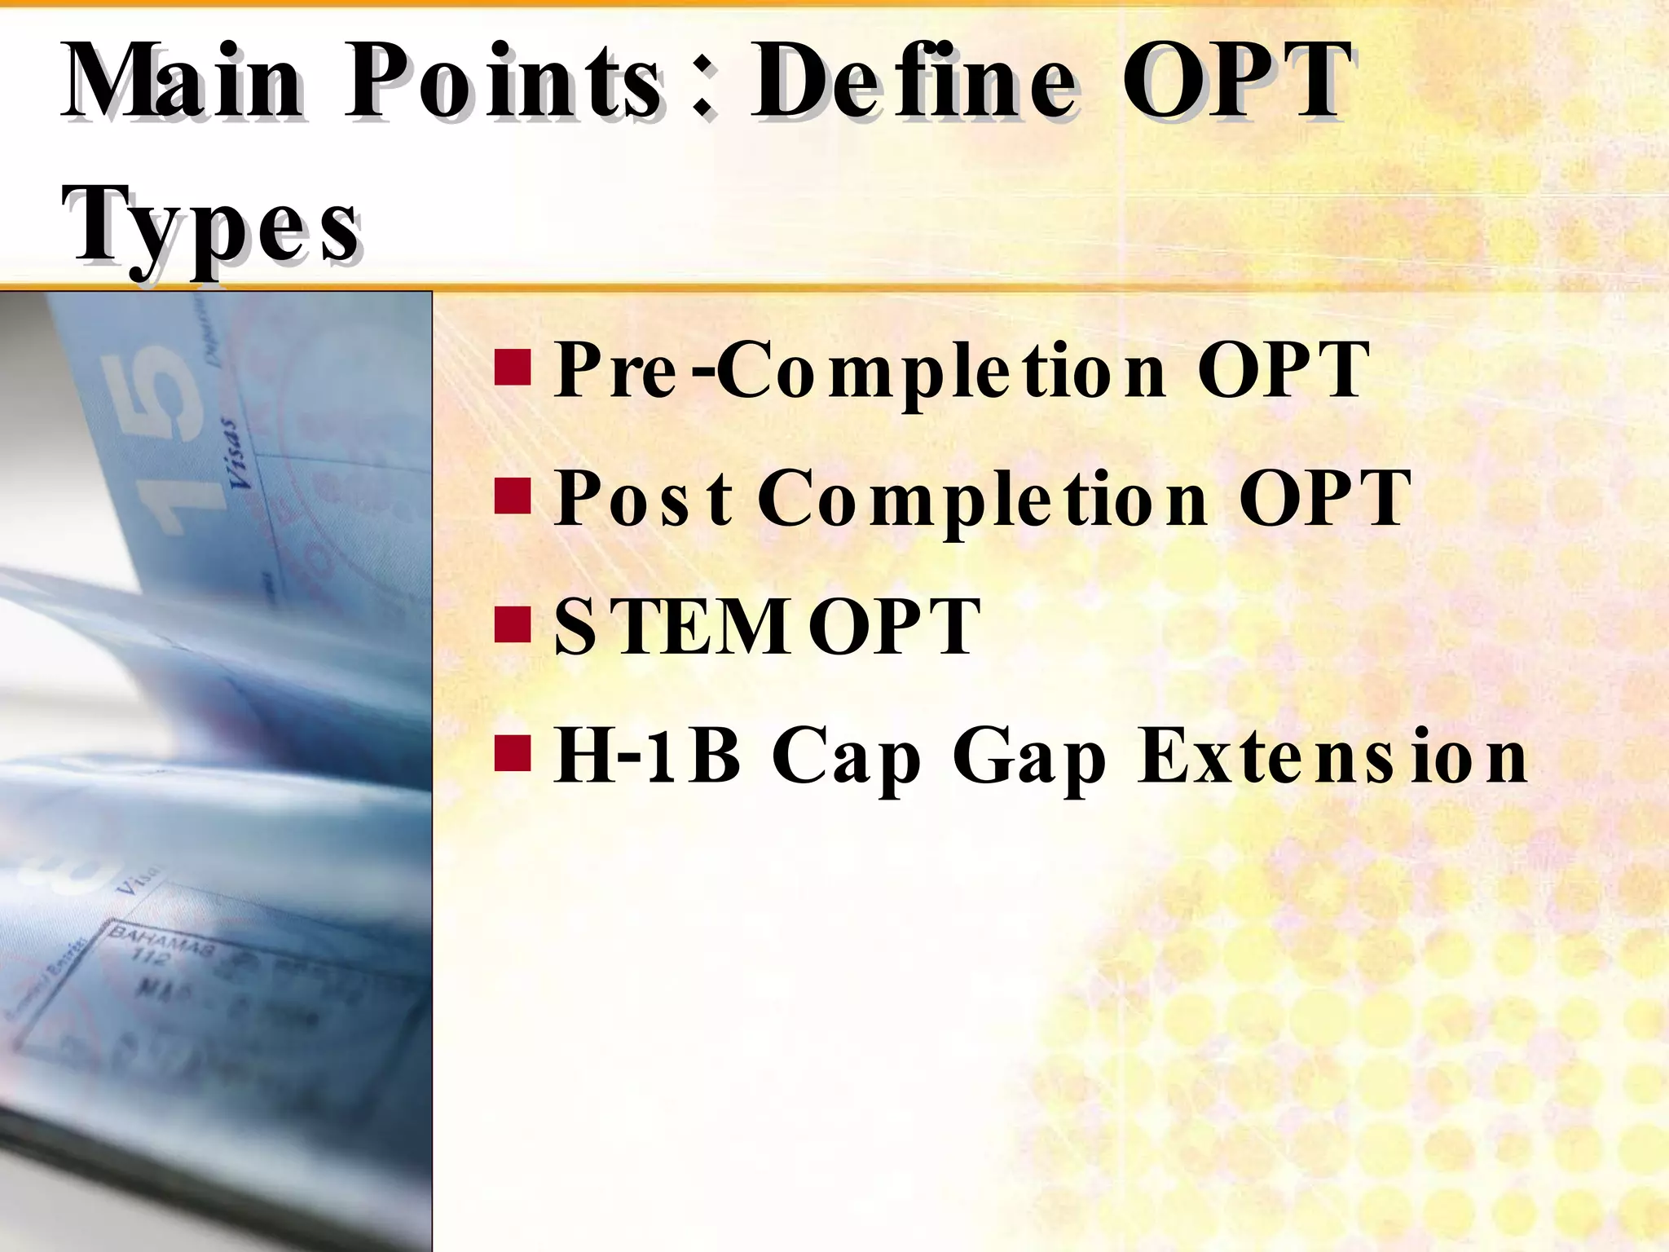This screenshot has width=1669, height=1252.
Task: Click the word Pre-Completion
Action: [x=860, y=371]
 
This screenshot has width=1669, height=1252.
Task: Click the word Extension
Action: [x=1332, y=756]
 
